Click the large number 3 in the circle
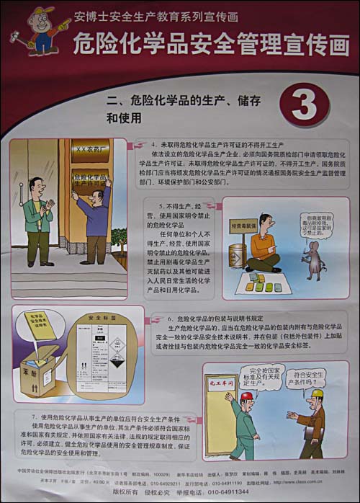tap(304, 104)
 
